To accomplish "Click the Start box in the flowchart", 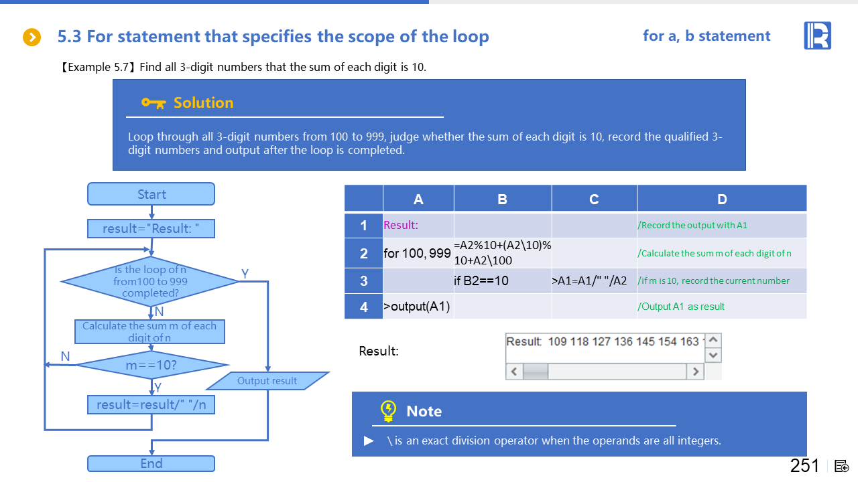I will [151, 194].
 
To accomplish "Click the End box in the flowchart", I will [151, 463].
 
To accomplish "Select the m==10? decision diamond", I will [151, 366].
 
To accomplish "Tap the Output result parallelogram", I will [267, 381].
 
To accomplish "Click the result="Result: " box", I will [151, 229].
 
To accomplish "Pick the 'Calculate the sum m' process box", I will [149, 331].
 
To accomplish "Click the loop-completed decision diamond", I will [150, 282].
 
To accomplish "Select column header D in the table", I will [721, 199].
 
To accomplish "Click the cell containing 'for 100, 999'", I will [418, 254].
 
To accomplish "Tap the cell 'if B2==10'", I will [502, 281].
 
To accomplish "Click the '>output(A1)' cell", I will [418, 307].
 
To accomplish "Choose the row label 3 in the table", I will [363, 281].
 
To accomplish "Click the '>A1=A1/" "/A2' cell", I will [593, 281].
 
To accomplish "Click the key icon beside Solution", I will [154, 103].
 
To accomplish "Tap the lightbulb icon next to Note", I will [388, 411].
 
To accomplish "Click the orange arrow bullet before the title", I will [32, 37].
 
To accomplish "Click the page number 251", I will [804, 466].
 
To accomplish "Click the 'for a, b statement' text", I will [707, 36].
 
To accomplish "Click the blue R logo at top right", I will [817, 35].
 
